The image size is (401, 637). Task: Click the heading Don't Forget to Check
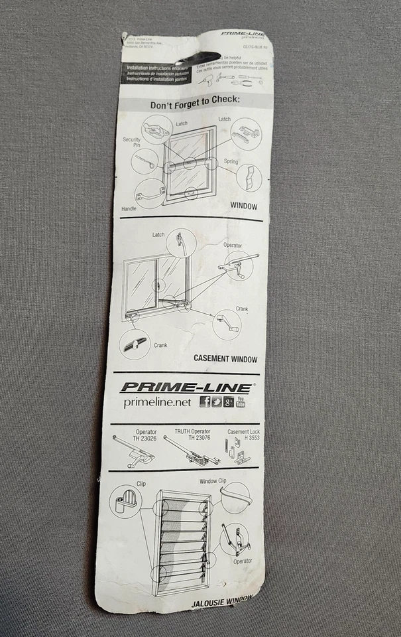click(x=194, y=105)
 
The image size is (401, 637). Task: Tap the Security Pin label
click(x=131, y=142)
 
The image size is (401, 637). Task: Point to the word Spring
click(x=230, y=162)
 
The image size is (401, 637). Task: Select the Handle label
click(x=129, y=208)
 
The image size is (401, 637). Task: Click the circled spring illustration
click(x=249, y=178)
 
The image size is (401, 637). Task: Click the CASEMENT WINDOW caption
click(x=225, y=359)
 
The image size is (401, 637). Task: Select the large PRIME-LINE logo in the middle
click(x=186, y=388)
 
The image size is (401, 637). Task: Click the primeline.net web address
click(x=157, y=402)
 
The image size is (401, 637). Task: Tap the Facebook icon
click(x=205, y=401)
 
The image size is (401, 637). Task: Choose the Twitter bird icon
click(x=217, y=401)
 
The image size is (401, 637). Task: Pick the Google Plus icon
click(x=229, y=401)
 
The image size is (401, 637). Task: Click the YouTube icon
click(x=241, y=401)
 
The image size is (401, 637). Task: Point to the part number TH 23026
click(x=146, y=438)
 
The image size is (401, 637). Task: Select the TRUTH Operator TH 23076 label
click(x=192, y=435)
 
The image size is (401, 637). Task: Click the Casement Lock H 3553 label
click(x=243, y=435)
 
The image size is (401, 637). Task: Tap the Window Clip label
click(x=213, y=480)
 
